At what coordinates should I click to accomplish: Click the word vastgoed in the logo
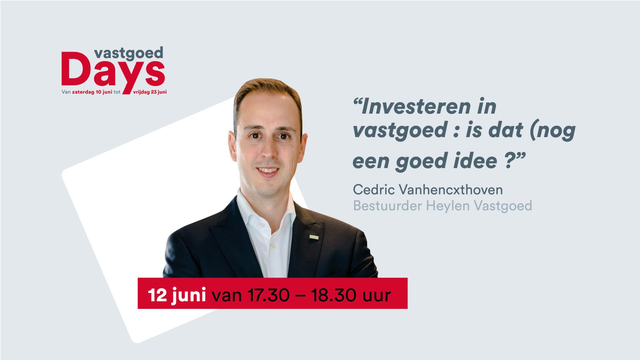128,54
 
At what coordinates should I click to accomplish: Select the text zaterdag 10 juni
92,92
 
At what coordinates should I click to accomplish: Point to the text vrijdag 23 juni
150,92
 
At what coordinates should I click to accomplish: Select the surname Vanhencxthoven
450,190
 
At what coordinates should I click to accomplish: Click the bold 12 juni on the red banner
177,295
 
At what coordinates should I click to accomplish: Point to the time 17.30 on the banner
268,295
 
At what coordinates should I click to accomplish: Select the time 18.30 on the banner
333,295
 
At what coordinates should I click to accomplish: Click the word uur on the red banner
376,296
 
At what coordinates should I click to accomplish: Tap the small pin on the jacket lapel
314,237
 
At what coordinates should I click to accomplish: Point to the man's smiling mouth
268,171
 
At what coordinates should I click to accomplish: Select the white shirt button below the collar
272,246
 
